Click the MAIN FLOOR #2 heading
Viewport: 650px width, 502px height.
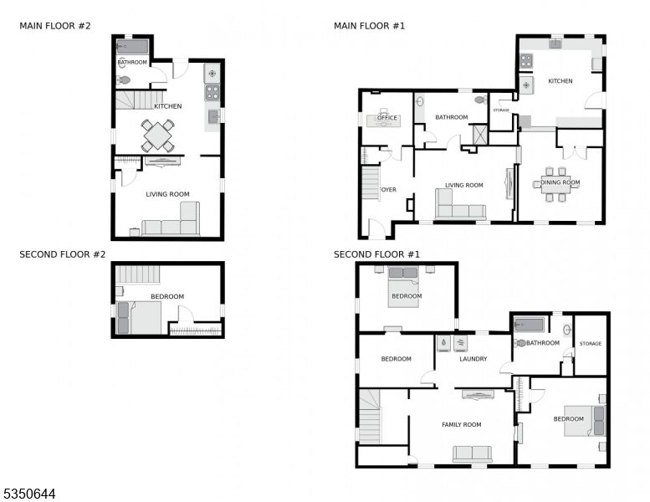coord(54,26)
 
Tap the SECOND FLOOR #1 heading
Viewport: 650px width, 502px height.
coord(376,254)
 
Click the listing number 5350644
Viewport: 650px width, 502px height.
coord(29,494)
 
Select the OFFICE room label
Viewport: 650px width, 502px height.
coord(387,118)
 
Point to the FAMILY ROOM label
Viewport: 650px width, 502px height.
coord(462,424)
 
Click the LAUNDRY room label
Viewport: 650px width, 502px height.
coord(473,359)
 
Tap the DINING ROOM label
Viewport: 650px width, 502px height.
coord(560,182)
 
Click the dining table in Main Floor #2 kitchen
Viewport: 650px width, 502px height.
coord(157,136)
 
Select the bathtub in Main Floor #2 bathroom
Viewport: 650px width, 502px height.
coord(132,46)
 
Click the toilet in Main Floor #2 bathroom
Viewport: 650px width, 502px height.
coord(124,79)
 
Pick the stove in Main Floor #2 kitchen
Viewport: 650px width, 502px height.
coord(212,92)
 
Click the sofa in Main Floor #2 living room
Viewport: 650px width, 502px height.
coord(171,219)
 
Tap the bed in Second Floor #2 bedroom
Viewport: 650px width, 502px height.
coord(139,318)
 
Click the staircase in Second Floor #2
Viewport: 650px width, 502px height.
coord(137,274)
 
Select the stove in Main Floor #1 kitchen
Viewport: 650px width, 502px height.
coord(526,61)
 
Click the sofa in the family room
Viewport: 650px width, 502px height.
coord(472,454)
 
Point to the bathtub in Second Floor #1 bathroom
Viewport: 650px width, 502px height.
coord(529,325)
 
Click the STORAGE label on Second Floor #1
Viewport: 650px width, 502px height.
coord(591,344)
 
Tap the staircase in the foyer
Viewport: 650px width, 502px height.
coord(371,183)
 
